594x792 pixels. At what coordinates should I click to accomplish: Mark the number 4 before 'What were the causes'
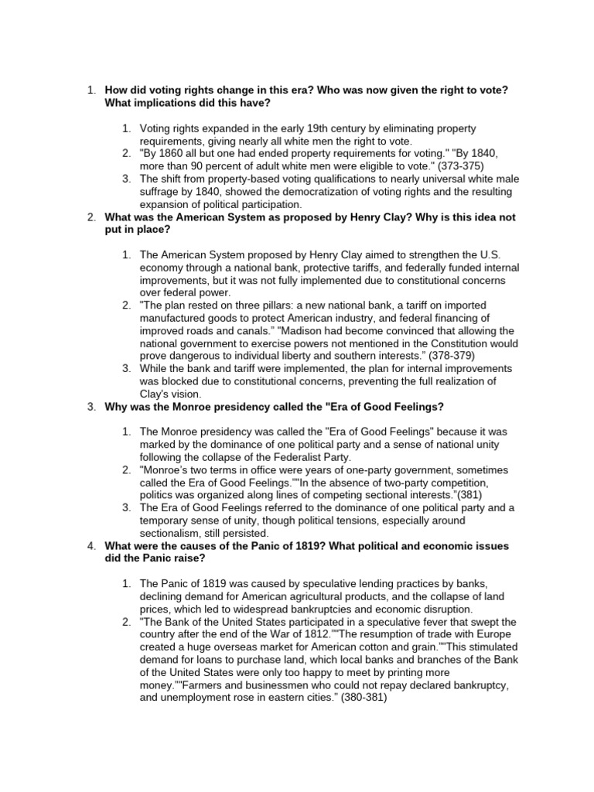(91, 546)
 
